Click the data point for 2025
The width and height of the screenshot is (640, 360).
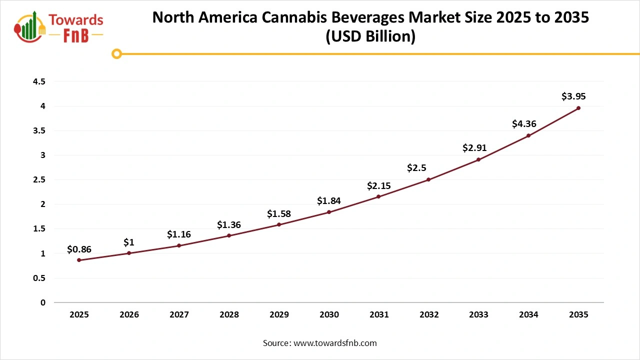pos(79,260)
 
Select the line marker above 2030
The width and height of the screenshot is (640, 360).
pos(329,212)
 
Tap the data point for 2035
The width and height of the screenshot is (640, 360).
pos(578,108)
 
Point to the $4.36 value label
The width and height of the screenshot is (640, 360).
pos(524,123)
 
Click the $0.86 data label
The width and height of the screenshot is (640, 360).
pos(79,249)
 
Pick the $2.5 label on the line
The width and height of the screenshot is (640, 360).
pos(416,168)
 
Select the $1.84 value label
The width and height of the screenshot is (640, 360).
pos(329,201)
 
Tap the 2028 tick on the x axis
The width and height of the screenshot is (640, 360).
pos(229,314)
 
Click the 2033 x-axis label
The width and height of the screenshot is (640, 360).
pos(478,314)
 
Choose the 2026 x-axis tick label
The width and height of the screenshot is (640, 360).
pos(129,314)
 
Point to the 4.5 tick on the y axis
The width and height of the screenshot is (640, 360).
pos(38,81)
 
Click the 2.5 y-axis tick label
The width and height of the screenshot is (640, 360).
pos(38,179)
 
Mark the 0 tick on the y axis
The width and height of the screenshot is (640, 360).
pos(42,302)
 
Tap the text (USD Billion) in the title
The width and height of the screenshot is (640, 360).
pos(370,37)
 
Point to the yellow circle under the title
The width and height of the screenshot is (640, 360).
pos(116,53)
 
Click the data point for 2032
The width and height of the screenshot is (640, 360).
pos(428,179)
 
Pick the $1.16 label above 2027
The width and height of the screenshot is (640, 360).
pos(179,234)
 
